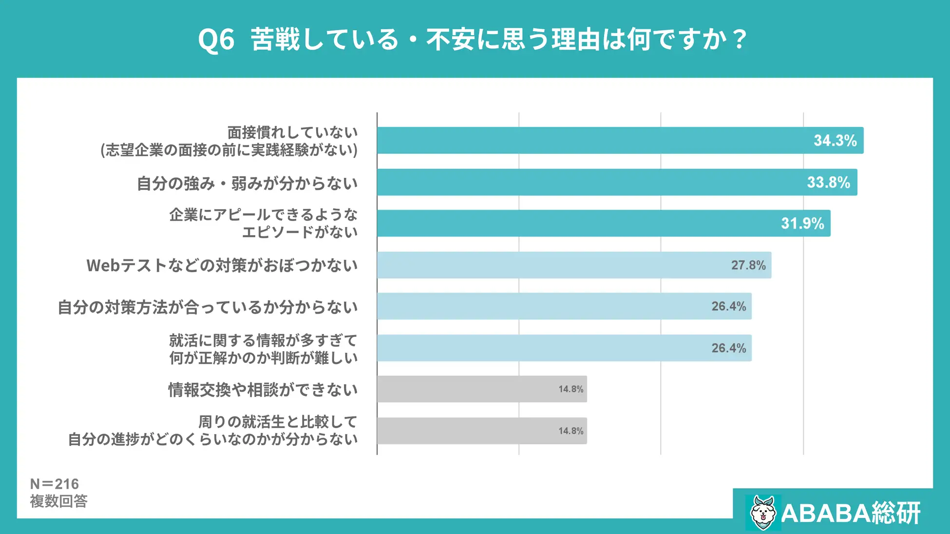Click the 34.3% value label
835,141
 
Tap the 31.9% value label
802,223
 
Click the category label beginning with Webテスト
222,266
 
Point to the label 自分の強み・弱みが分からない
247,184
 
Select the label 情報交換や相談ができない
263,390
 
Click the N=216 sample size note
54,484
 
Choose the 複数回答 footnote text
58,501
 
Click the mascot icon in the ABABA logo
762,513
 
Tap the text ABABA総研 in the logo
851,513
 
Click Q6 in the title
216,40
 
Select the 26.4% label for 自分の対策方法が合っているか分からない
728,306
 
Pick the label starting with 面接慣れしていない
229,141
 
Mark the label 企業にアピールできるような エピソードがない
263,223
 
